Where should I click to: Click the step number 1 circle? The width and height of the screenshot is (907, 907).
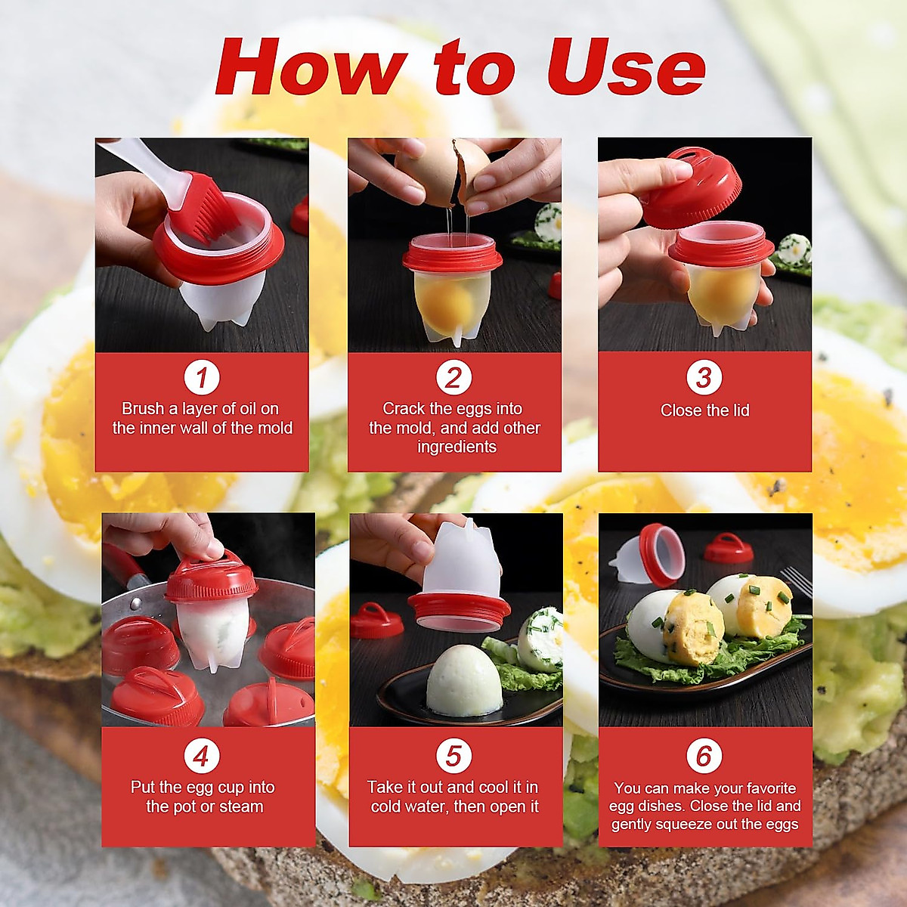(x=201, y=377)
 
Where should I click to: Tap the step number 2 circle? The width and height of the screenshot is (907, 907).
(x=453, y=377)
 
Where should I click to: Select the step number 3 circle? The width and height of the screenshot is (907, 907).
(x=704, y=377)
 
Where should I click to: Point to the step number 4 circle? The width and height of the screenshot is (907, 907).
(x=201, y=755)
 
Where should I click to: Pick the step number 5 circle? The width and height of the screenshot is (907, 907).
(x=453, y=755)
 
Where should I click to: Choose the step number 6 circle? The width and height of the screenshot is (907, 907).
(x=704, y=755)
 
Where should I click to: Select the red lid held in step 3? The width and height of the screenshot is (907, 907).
(x=692, y=185)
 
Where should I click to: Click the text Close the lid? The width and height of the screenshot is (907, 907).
(x=704, y=410)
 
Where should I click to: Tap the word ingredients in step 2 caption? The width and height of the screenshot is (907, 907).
(x=457, y=447)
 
